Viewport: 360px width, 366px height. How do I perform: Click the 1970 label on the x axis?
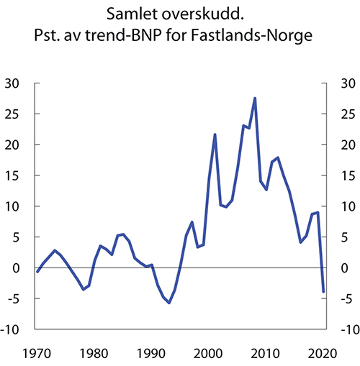(x=35, y=353)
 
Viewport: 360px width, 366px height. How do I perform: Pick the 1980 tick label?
(x=93, y=353)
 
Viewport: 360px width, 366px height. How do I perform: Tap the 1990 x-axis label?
(x=150, y=353)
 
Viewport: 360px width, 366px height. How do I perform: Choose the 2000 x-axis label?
(x=209, y=353)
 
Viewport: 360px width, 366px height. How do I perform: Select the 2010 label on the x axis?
(x=266, y=353)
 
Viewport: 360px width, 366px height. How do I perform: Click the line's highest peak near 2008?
(x=255, y=99)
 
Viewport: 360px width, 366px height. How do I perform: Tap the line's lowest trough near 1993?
(x=169, y=303)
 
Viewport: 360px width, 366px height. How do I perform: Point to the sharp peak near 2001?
(x=215, y=134)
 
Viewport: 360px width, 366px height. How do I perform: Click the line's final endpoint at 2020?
(x=324, y=291)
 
